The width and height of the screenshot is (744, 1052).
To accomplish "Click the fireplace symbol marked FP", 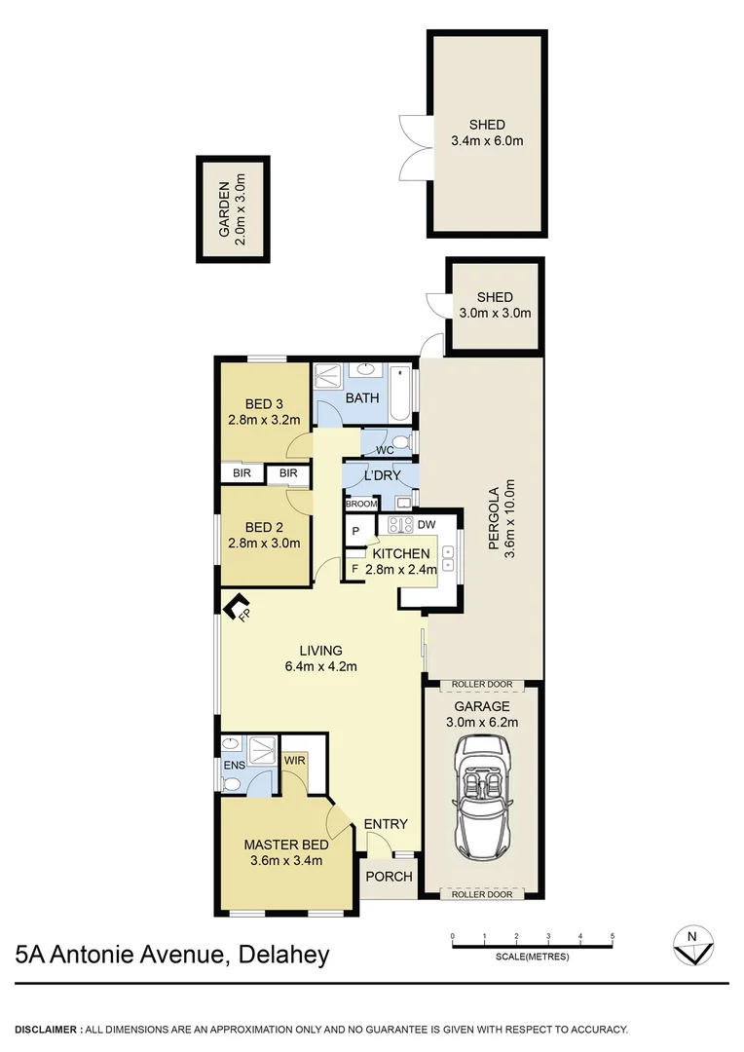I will [x=237, y=609].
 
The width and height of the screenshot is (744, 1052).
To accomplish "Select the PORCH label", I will [x=389, y=877].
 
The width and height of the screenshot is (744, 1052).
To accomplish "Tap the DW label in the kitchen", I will [x=425, y=524].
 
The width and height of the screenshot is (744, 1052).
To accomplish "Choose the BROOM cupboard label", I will [x=360, y=504].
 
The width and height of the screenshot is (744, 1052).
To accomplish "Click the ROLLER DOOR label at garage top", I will [x=482, y=685].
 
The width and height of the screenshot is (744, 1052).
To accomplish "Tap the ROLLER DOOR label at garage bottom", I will [x=482, y=894].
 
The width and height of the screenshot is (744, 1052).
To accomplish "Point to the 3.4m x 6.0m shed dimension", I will [x=487, y=140].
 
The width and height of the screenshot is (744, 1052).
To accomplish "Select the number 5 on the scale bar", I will [x=613, y=936].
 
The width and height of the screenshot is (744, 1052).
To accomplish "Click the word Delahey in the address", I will [x=282, y=954].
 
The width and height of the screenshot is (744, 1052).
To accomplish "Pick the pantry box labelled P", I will [x=355, y=531].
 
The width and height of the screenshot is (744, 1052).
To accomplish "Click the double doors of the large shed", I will [x=414, y=146].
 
